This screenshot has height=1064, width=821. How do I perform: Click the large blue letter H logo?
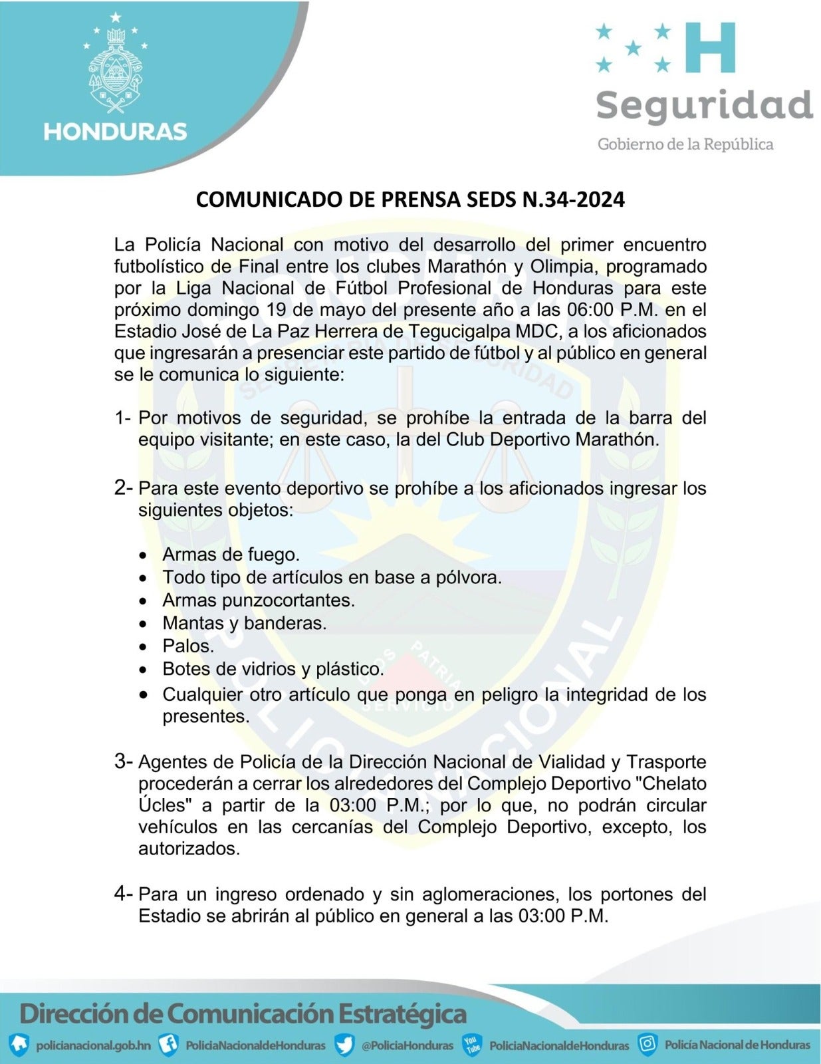click(x=710, y=47)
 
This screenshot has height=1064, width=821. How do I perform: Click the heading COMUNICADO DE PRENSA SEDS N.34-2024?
click(x=410, y=199)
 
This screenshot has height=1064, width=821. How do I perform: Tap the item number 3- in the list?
click(x=124, y=761)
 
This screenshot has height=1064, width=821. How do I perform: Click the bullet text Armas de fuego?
click(x=231, y=554)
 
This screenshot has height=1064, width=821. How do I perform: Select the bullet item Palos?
click(x=188, y=646)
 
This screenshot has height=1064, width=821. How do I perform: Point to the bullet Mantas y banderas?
click(x=244, y=623)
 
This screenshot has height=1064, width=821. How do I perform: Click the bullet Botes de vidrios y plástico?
click(x=273, y=669)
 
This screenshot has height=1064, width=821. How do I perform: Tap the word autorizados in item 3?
click(x=188, y=849)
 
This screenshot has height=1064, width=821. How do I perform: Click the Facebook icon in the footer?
click(x=170, y=1044)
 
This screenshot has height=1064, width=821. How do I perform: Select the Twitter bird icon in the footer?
click(x=344, y=1044)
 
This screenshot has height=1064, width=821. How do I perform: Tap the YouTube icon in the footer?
click(x=472, y=1044)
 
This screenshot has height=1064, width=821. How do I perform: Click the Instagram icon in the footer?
click(x=647, y=1043)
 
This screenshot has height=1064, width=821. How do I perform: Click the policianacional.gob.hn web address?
click(x=93, y=1045)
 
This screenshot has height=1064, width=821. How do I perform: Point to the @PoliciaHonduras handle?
click(x=407, y=1045)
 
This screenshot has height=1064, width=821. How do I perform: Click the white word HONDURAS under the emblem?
click(x=115, y=131)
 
